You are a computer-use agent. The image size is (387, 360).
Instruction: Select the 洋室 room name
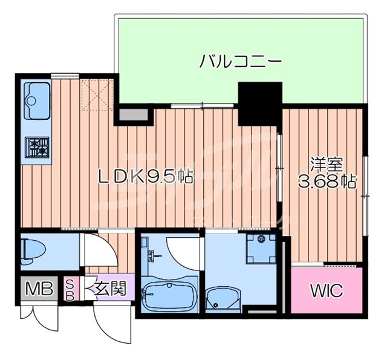[327, 163]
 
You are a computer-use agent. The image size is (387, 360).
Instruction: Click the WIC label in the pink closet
[327, 291]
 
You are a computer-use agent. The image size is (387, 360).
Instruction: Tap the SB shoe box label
[70, 289]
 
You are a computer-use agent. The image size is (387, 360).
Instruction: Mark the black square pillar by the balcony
[260, 104]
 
